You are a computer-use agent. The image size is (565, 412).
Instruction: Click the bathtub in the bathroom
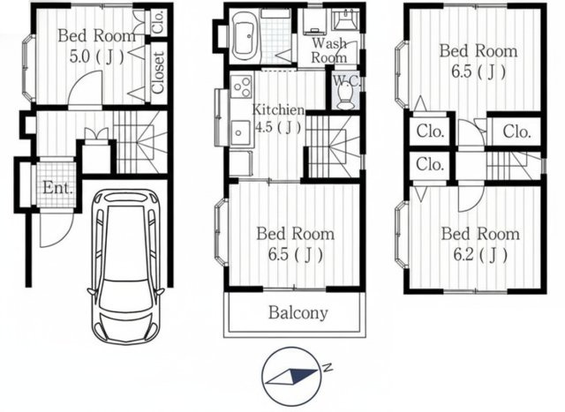pyautogui.click(x=246, y=37)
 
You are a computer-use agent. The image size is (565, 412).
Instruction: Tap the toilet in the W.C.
pyautogui.click(x=345, y=94)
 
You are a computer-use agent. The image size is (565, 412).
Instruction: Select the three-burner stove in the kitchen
pyautogui.click(x=241, y=86)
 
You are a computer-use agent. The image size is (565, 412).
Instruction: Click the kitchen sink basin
pyautogui.click(x=240, y=132)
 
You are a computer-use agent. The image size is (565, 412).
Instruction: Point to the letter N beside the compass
pyautogui.click(x=328, y=367)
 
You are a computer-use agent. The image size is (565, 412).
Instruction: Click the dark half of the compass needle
pyautogui.click(x=303, y=375)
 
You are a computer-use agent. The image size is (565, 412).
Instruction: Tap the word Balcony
pyautogui.click(x=298, y=313)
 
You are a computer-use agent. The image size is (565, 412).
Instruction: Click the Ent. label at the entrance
pyautogui.click(x=57, y=188)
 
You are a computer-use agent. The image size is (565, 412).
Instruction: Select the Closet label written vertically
pyautogui.click(x=158, y=73)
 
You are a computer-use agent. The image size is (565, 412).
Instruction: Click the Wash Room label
pyautogui.click(x=329, y=50)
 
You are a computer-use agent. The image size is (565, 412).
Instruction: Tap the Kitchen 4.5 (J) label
pyautogui.click(x=278, y=118)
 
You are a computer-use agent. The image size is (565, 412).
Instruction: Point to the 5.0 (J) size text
pyautogui.click(x=96, y=56)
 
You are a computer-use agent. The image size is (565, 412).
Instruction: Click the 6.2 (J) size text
pyautogui.click(x=480, y=255)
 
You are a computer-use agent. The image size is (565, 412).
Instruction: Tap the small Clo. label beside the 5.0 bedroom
pyautogui.click(x=159, y=21)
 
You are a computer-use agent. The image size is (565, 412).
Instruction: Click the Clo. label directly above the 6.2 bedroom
pyautogui.click(x=430, y=164)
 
